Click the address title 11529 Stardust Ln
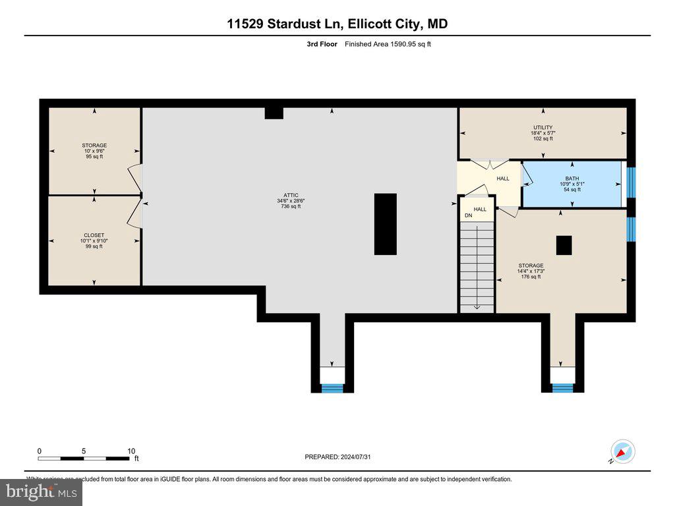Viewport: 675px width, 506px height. coord(337,24)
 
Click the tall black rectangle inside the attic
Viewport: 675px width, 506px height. coord(386,224)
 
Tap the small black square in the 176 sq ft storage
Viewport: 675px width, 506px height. coord(564,245)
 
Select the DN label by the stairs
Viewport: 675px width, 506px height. coord(469,216)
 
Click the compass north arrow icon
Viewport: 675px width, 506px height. coord(622,452)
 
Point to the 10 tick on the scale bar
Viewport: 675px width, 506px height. coord(131,451)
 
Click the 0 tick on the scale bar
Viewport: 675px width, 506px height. coord(40,451)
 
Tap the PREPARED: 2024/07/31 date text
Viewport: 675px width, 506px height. coord(342,457)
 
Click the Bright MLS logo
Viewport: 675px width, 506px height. coord(41,492)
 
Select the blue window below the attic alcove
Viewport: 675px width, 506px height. coord(332,388)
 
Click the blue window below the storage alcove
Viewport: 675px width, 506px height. coord(562,388)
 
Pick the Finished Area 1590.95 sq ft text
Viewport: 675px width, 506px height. coord(388,44)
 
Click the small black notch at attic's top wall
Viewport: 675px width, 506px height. coord(274,113)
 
